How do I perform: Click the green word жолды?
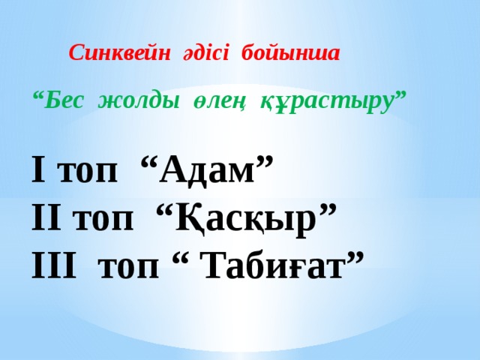coord(136,100)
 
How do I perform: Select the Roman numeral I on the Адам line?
coord(38,171)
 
